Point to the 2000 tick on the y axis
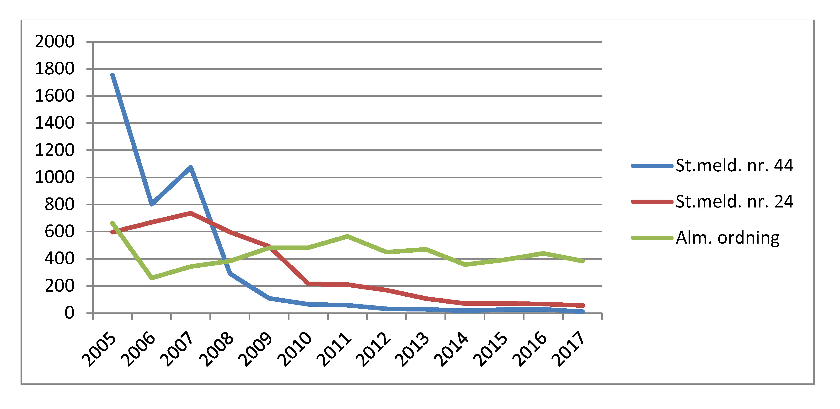[x=55, y=42]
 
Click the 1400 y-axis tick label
[x=55, y=123]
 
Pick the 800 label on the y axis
[x=59, y=205]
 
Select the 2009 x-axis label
[x=255, y=349]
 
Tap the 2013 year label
[x=412, y=349]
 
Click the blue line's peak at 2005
[x=112, y=75]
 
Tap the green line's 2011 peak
[x=348, y=236]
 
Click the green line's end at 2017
[x=582, y=261]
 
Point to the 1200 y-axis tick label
[x=55, y=150]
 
